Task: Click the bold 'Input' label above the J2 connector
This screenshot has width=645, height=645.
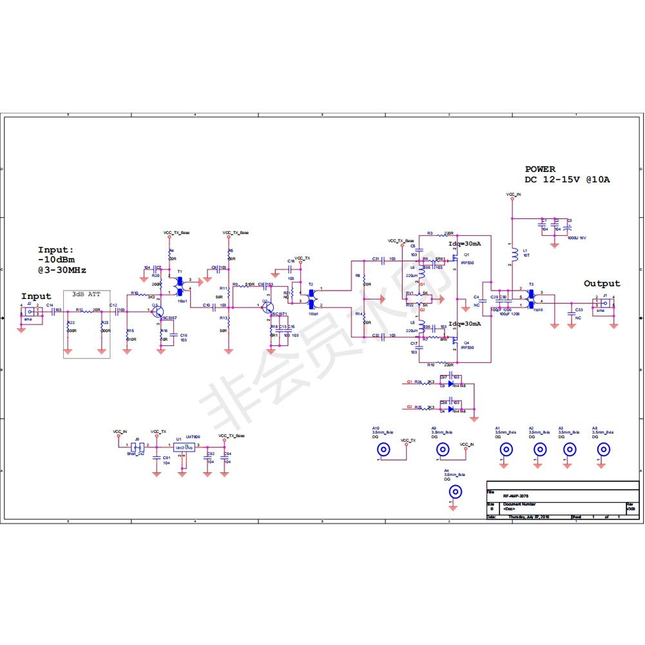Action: (x=36, y=296)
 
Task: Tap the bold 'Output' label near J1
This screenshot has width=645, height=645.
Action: (x=602, y=284)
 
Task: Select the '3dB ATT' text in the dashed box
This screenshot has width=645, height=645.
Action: (x=86, y=294)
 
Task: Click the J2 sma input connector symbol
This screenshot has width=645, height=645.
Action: (x=30, y=311)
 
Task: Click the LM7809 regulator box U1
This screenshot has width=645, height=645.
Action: (x=184, y=447)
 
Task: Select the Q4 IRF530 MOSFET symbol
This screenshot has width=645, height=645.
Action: (x=455, y=339)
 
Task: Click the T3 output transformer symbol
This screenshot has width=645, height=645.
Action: (x=531, y=296)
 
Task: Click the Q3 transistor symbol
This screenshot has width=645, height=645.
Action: (x=157, y=311)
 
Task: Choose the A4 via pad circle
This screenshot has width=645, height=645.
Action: (x=455, y=493)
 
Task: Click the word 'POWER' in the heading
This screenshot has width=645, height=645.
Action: (x=540, y=169)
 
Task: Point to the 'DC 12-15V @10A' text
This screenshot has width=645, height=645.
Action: (x=566, y=180)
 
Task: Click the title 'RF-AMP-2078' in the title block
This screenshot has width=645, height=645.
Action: (x=517, y=496)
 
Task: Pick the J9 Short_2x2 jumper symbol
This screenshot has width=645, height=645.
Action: (x=136, y=446)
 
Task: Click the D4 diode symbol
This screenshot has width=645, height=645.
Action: (x=451, y=409)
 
